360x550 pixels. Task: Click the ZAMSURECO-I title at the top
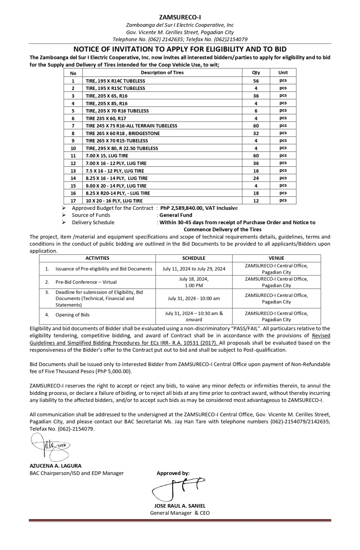(x=180, y=17)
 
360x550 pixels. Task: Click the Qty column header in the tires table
(x=256, y=73)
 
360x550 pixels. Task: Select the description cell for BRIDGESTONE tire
(x=123, y=133)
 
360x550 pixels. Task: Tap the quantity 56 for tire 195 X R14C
(x=256, y=81)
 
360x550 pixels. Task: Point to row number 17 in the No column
(x=73, y=201)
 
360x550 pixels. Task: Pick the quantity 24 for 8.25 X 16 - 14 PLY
(x=256, y=178)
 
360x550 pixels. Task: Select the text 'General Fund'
(x=176, y=215)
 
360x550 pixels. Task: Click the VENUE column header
(x=276, y=258)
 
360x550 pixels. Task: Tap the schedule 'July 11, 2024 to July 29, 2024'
(x=194, y=269)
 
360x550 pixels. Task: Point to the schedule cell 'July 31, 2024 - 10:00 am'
(x=194, y=298)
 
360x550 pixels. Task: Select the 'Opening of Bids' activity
(x=72, y=315)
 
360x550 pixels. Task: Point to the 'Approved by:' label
(x=173, y=473)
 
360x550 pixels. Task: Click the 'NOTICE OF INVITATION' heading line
(x=180, y=49)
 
